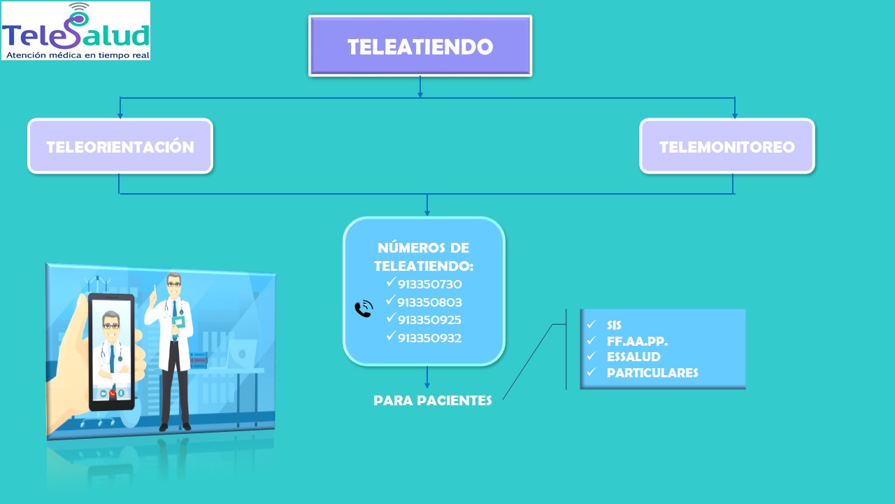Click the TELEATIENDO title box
(x=420, y=46)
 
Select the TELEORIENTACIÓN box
(x=120, y=146)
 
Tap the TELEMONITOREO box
(x=727, y=146)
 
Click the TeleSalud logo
(x=76, y=31)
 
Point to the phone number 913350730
(x=429, y=285)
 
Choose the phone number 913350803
(x=429, y=302)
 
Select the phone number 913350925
(x=429, y=320)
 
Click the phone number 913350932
(x=429, y=338)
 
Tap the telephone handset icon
(x=364, y=309)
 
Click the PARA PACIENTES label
(x=433, y=401)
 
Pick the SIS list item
(x=614, y=325)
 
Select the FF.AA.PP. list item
(x=637, y=342)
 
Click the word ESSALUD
(x=633, y=357)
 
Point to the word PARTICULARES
(x=652, y=372)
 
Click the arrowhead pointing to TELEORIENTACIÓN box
(x=120, y=114)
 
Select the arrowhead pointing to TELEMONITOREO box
(x=735, y=114)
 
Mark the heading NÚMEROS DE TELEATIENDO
(x=424, y=257)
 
